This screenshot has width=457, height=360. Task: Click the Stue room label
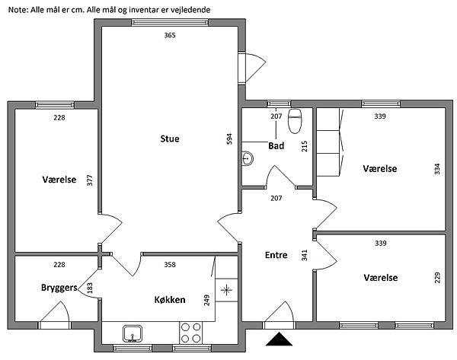[x=170, y=139]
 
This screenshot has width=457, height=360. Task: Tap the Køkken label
[x=170, y=300]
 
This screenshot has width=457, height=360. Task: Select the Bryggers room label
[x=59, y=288]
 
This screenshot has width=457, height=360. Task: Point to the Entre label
[x=276, y=255]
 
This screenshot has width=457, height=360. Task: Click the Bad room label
[x=276, y=145]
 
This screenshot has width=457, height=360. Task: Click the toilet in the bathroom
[x=295, y=121]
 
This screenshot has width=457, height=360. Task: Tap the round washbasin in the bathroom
[x=248, y=159]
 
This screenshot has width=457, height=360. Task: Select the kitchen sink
[x=133, y=333]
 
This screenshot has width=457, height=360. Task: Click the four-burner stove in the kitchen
[x=191, y=333]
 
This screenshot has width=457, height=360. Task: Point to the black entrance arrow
[x=279, y=339]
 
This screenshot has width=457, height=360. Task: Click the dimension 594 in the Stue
[x=230, y=139]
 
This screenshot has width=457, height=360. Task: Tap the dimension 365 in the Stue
[x=170, y=35]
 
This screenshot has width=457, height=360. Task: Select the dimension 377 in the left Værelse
[x=90, y=180]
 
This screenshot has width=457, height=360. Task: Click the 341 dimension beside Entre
[x=304, y=255]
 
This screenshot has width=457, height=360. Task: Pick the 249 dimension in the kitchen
[x=206, y=301]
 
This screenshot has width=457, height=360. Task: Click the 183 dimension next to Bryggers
[x=90, y=288]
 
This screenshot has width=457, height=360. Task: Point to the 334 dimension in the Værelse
[x=437, y=169]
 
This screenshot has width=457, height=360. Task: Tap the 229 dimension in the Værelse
[x=437, y=278]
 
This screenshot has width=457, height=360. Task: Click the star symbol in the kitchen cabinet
[x=226, y=290]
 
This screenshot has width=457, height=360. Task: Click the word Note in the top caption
[x=18, y=10]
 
